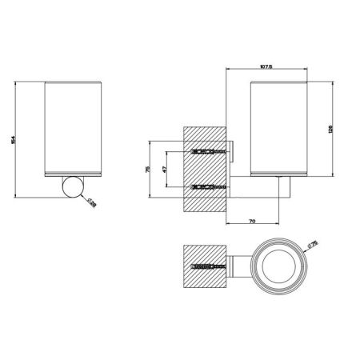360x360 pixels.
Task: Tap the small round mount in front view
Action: point(73,187)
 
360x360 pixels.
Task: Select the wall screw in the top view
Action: point(206,263)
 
